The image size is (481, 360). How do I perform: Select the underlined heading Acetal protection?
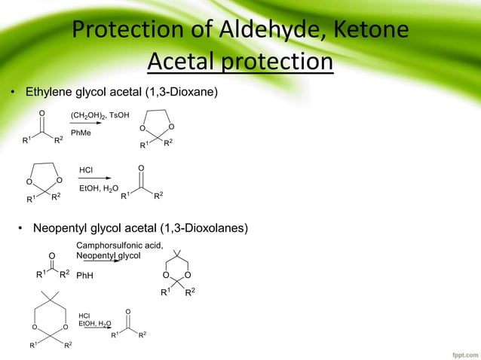pos(240,61)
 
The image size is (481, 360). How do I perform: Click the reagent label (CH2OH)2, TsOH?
pos(100,114)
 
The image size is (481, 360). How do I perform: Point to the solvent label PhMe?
pos(81,133)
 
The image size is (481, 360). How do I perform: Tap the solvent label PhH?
pos(85,276)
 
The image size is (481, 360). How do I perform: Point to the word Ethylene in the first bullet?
pos(50,92)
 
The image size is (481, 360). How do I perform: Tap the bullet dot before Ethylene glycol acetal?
pos(12,93)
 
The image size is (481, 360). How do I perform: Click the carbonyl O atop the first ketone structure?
pos(41,114)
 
